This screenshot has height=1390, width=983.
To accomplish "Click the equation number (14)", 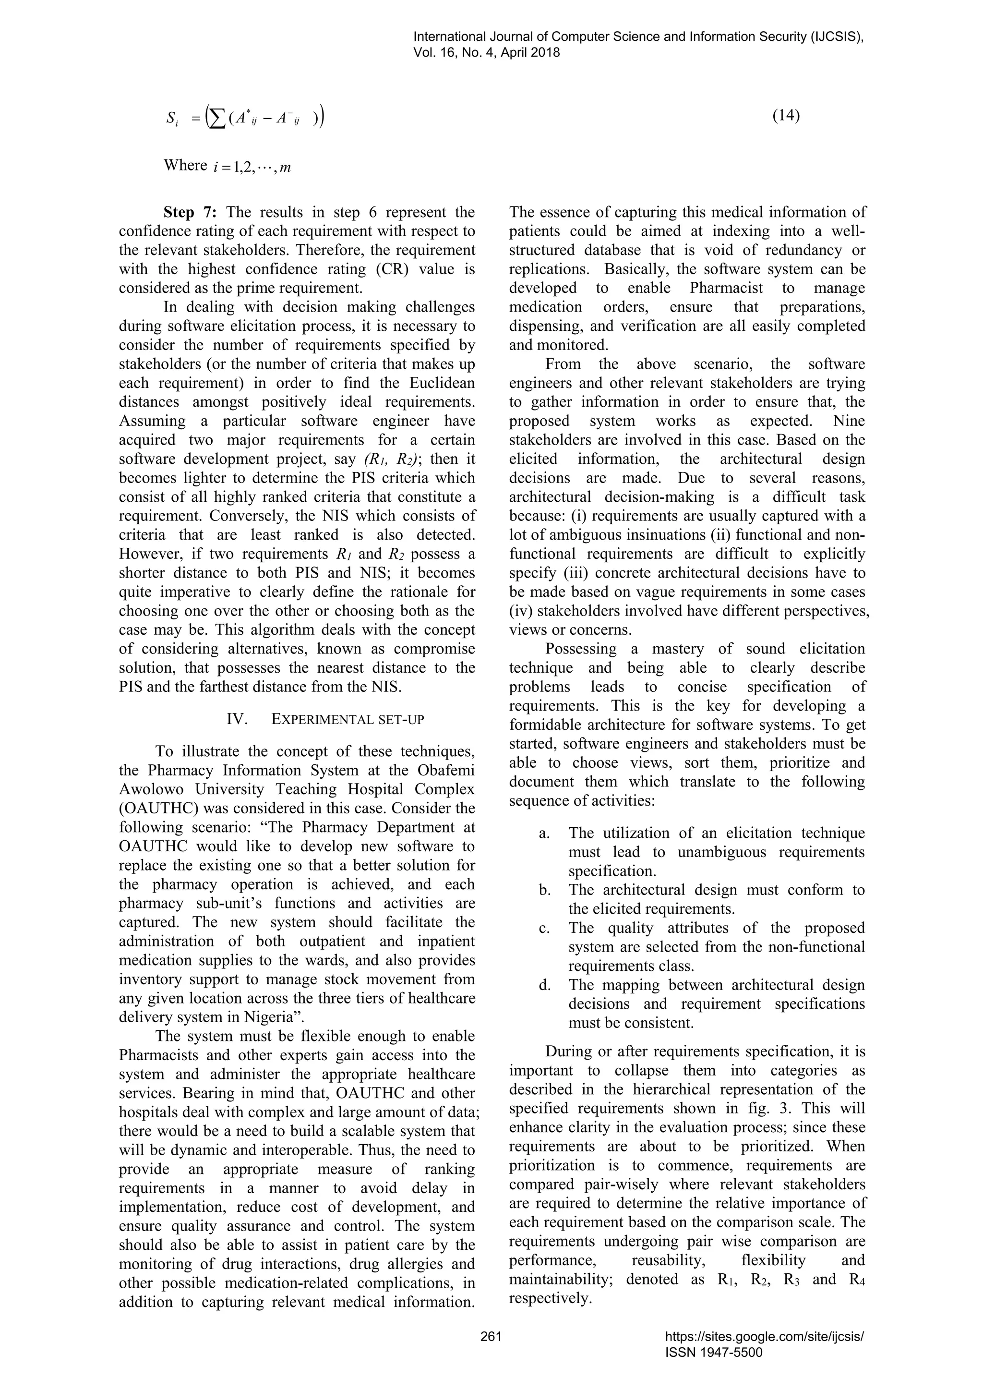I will coord(786,116).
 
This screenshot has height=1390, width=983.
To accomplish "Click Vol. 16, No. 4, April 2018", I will coord(486,53).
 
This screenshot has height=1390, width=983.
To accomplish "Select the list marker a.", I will coord(543,833).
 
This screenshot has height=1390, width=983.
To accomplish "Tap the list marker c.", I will coord(543,928).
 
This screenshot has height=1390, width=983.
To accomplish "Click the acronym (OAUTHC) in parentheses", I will coord(160,808).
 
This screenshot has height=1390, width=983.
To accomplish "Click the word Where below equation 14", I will coord(185,166).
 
